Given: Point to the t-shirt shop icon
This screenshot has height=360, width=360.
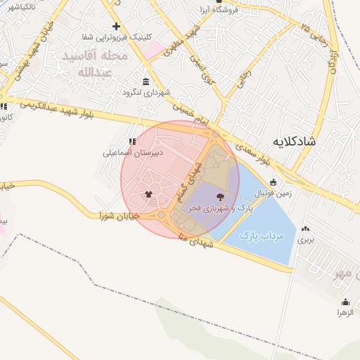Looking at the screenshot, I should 148,195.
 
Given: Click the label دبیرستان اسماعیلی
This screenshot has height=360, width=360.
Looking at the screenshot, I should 133,151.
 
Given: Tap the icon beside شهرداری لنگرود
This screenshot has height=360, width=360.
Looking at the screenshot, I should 146,82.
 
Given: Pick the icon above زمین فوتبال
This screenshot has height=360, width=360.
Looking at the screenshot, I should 274,182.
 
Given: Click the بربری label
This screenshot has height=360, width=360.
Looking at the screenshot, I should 305,240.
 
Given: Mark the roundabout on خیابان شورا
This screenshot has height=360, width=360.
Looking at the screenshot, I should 162,214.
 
